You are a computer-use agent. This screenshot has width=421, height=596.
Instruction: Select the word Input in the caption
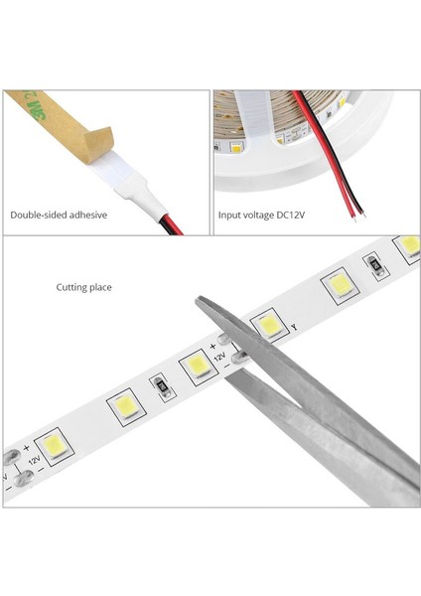click(229, 215)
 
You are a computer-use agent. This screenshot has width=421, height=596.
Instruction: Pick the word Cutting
click(71, 287)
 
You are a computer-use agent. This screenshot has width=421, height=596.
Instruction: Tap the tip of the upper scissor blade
click(199, 302)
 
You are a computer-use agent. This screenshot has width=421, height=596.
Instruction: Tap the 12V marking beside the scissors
click(220, 354)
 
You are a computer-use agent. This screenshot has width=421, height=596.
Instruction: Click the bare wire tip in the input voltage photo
click(360, 213)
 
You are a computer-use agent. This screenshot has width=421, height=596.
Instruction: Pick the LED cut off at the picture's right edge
click(408, 244)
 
